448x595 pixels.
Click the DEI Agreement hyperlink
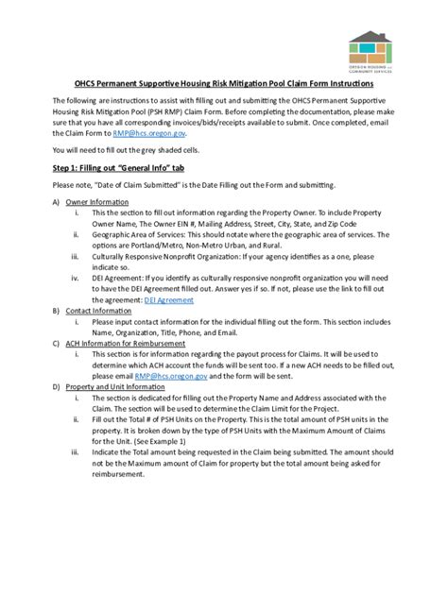point(169,299)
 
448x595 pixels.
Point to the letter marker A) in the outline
point(56,202)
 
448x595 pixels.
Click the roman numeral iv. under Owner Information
point(76,278)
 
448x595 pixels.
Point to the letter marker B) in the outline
point(56,310)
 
